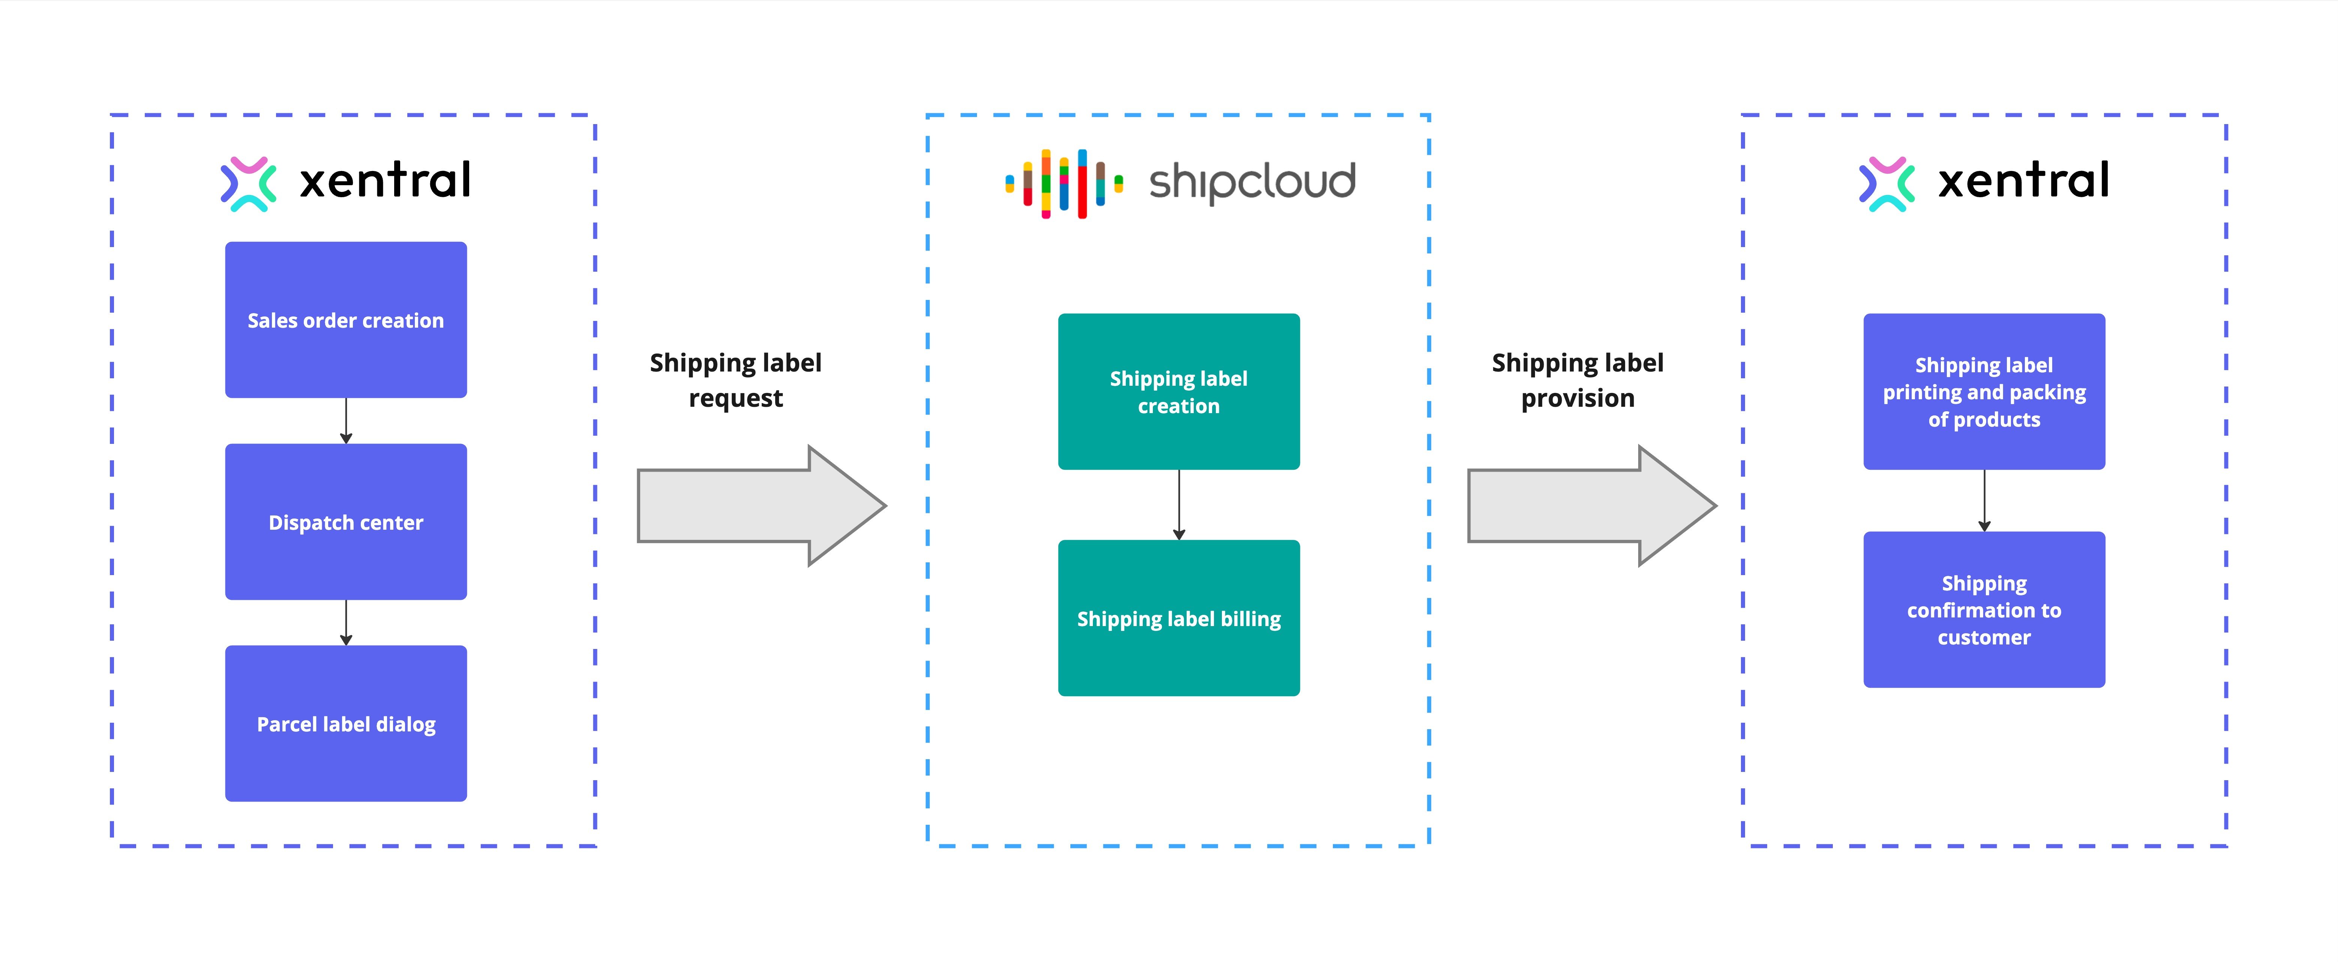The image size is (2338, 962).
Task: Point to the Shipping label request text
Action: [735, 380]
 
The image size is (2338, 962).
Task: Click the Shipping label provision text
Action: [1577, 380]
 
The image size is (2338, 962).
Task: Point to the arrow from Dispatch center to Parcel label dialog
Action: [346, 623]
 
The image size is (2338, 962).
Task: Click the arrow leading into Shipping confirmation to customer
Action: [1984, 500]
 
